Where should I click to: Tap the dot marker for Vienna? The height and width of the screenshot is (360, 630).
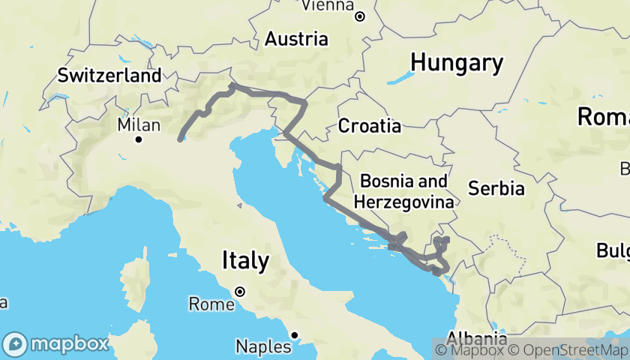359,16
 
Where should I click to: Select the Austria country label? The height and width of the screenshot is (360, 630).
298,38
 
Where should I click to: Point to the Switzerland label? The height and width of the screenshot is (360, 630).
109,76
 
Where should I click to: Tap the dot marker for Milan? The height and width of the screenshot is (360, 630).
139,139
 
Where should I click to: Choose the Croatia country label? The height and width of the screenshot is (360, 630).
369,126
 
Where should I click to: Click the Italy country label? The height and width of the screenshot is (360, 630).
245,261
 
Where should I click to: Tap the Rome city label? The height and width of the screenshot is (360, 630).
211,304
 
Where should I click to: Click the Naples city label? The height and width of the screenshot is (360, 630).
262,346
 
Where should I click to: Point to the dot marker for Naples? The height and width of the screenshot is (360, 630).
295,334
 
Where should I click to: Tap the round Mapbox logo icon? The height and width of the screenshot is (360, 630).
15,344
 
